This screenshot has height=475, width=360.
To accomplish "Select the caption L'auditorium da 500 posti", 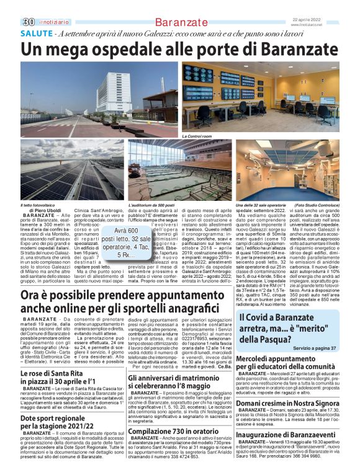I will [x=152, y=204].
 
